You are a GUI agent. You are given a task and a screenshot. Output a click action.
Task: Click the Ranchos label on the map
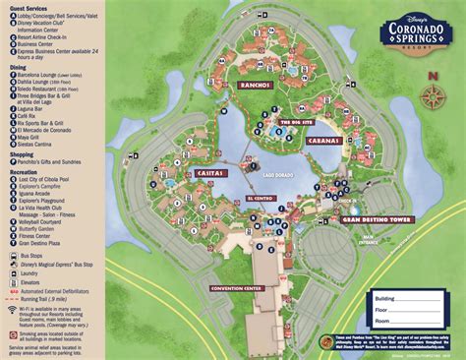click(256, 86)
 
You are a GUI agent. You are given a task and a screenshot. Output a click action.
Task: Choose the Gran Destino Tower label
click(348, 221)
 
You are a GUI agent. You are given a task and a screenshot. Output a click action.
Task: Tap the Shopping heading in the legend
click(25, 153)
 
